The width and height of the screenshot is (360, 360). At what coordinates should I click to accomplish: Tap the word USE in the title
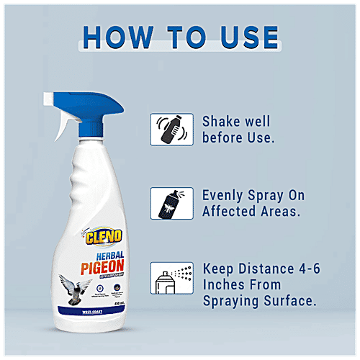pos(243,37)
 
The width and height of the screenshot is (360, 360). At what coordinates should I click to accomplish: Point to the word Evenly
pos(225,196)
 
